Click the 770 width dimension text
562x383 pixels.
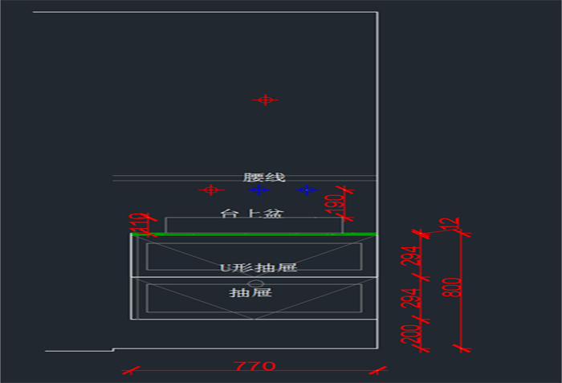pos(255,366)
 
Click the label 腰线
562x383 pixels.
pos(264,177)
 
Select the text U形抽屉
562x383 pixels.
pos(259,267)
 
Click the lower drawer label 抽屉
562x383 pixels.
pos(250,292)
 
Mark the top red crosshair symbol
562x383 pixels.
pos(264,100)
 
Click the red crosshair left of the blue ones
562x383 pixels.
pos(210,190)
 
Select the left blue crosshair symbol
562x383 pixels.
pos(259,190)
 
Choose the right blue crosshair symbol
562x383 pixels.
pos(307,190)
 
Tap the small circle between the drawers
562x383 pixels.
pos(255,283)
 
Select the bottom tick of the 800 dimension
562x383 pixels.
pos(461,348)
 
